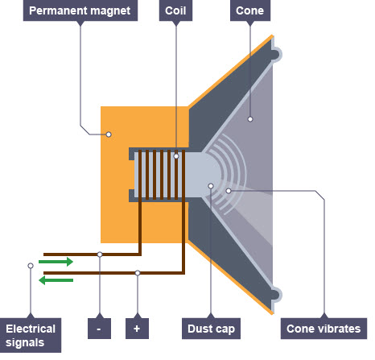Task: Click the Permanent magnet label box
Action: click(x=80, y=11)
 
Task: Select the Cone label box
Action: click(x=249, y=11)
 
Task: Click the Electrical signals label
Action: click(x=31, y=335)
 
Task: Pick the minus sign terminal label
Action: click(x=99, y=329)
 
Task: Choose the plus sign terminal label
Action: click(x=138, y=329)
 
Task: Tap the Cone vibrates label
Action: click(x=324, y=329)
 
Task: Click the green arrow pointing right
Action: click(x=56, y=262)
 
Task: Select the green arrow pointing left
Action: click(x=56, y=279)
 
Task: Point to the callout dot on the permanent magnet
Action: click(x=109, y=134)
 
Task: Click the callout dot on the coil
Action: click(x=175, y=155)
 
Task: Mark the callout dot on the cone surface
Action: click(x=250, y=119)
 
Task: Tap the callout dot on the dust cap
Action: click(x=210, y=186)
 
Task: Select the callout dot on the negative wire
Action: click(x=99, y=254)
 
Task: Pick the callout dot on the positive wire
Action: click(x=138, y=273)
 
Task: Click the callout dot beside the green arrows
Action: click(x=31, y=265)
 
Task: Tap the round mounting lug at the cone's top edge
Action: click(x=275, y=54)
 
